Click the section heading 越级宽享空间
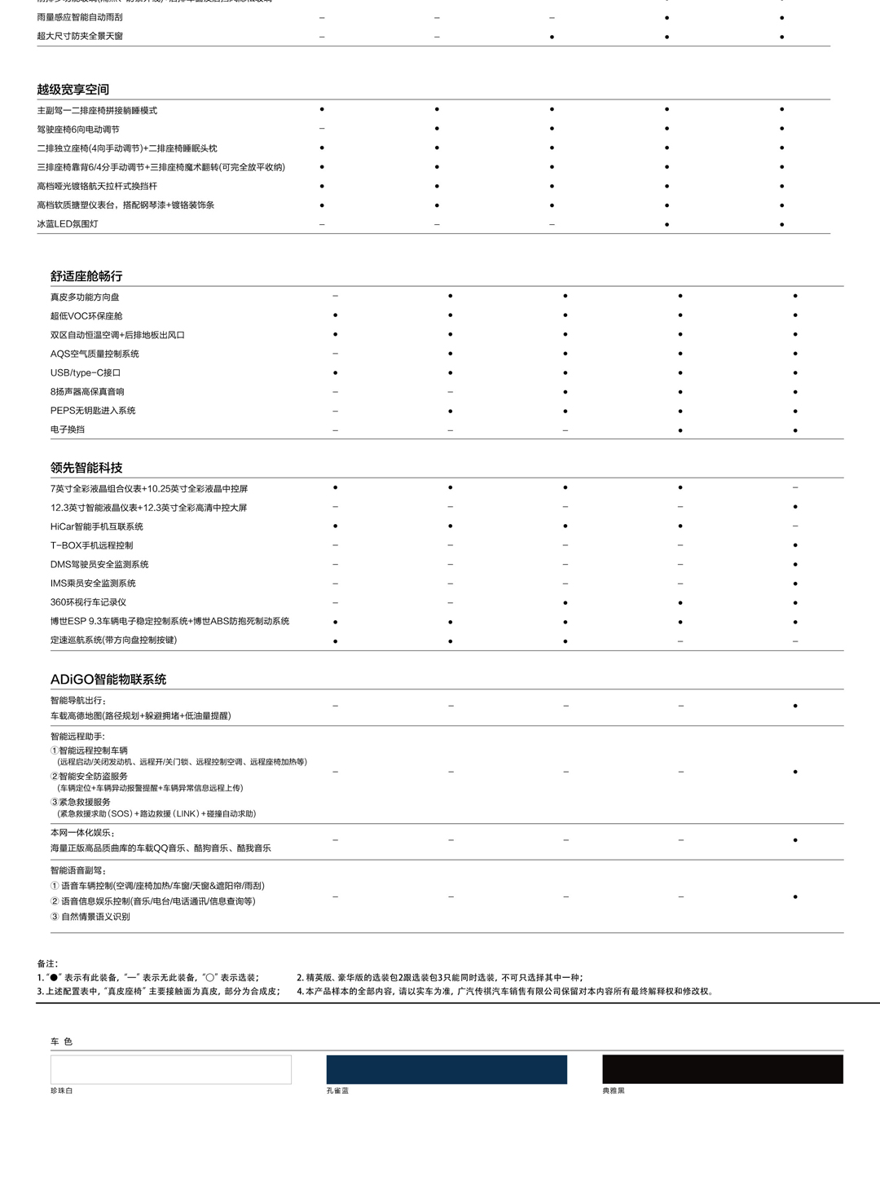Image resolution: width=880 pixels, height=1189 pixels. (73, 90)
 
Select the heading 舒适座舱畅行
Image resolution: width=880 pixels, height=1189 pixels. (86, 276)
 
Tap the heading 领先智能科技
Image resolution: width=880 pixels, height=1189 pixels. (86, 468)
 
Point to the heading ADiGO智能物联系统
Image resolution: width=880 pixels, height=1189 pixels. (108, 679)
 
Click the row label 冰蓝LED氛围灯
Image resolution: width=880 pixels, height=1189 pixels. (68, 224)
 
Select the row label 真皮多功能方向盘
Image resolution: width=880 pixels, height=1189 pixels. (85, 297)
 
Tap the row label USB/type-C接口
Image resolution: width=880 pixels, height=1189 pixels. (86, 372)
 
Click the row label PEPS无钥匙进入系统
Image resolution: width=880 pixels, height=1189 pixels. (93, 411)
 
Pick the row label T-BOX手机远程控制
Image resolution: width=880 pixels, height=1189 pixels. (91, 545)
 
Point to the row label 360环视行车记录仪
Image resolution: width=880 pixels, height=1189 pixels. (88, 602)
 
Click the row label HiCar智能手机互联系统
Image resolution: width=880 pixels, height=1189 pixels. (97, 526)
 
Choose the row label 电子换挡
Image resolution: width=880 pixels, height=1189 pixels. (68, 429)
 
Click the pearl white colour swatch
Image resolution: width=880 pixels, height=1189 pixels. (171, 1069)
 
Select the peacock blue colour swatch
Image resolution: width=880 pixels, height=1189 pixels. (447, 1069)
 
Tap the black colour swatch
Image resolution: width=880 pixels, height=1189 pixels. (723, 1069)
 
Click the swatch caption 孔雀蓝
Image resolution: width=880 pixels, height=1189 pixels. (337, 1090)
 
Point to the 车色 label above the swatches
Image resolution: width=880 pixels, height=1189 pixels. (61, 1041)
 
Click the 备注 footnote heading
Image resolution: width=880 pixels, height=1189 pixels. (47, 963)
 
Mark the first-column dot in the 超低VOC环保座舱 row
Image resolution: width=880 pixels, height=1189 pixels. (336, 315)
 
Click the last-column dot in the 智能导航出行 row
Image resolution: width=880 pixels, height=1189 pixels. (795, 706)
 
